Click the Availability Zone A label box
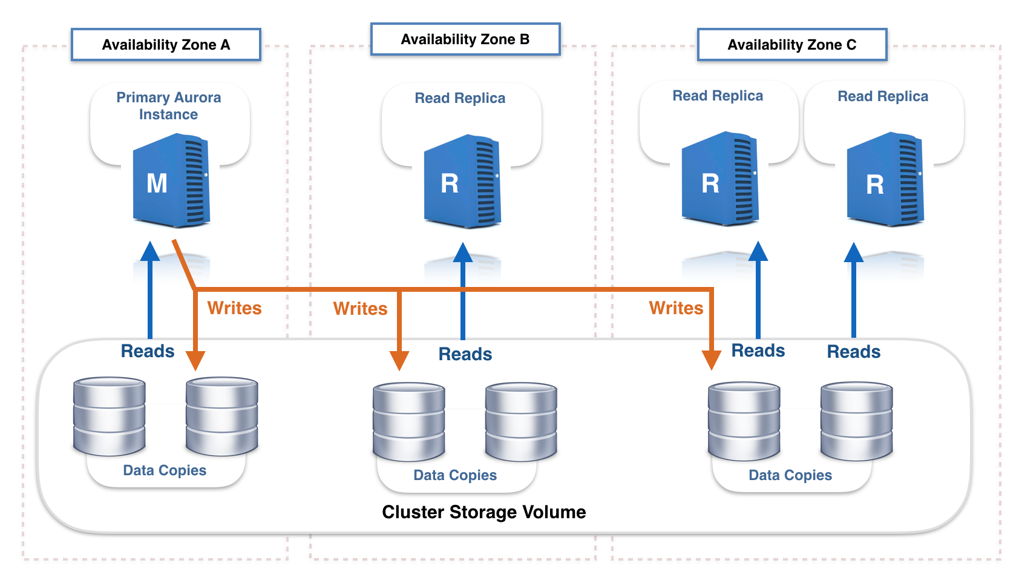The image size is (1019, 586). (x=166, y=45)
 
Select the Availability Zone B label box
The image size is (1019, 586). (x=465, y=39)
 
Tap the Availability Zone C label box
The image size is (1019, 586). (x=792, y=45)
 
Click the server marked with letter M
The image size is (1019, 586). (x=171, y=180)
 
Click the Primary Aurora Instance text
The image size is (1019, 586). (x=168, y=105)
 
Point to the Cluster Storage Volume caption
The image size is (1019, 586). (x=484, y=512)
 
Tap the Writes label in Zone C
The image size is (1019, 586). (x=676, y=308)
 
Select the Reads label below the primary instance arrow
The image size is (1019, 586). (x=148, y=351)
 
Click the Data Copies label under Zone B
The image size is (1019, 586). (x=455, y=475)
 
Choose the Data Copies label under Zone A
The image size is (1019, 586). (x=165, y=470)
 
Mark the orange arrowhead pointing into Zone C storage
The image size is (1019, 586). (x=712, y=360)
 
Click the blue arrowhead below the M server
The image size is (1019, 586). (x=150, y=251)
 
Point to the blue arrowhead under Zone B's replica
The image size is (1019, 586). (x=463, y=252)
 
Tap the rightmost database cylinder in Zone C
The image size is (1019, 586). (x=857, y=421)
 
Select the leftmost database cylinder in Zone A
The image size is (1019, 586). (x=110, y=416)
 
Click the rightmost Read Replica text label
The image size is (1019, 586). (x=883, y=96)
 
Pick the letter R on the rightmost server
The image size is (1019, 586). (x=875, y=185)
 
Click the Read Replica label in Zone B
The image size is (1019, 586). (x=460, y=98)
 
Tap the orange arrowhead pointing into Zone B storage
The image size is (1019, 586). (x=399, y=361)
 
